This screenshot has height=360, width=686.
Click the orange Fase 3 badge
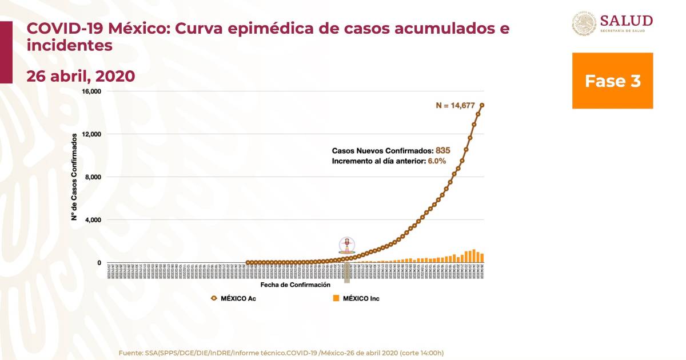coord(612,81)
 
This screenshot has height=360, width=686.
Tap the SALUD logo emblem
coord(584,24)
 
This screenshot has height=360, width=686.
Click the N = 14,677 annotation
coord(457,105)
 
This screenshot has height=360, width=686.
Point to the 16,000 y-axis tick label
coord(91,91)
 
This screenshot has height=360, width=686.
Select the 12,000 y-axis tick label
coord(91,134)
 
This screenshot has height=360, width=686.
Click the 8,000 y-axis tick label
coord(93,177)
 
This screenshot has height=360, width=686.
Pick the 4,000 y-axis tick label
coord(93,220)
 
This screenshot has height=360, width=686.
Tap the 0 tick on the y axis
coord(99,263)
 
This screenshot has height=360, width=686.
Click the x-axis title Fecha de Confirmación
coord(295,284)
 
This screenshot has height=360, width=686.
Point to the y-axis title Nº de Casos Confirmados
coord(74,177)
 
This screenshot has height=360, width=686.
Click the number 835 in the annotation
coord(443,150)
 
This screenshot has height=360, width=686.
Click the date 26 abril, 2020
coord(81,76)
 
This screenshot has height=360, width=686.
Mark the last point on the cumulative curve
coord(482,105)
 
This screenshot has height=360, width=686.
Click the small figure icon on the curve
coord(346,245)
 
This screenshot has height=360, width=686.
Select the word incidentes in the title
coord(69,46)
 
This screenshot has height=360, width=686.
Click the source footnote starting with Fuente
coord(281,353)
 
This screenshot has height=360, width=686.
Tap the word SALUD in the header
coord(627,21)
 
